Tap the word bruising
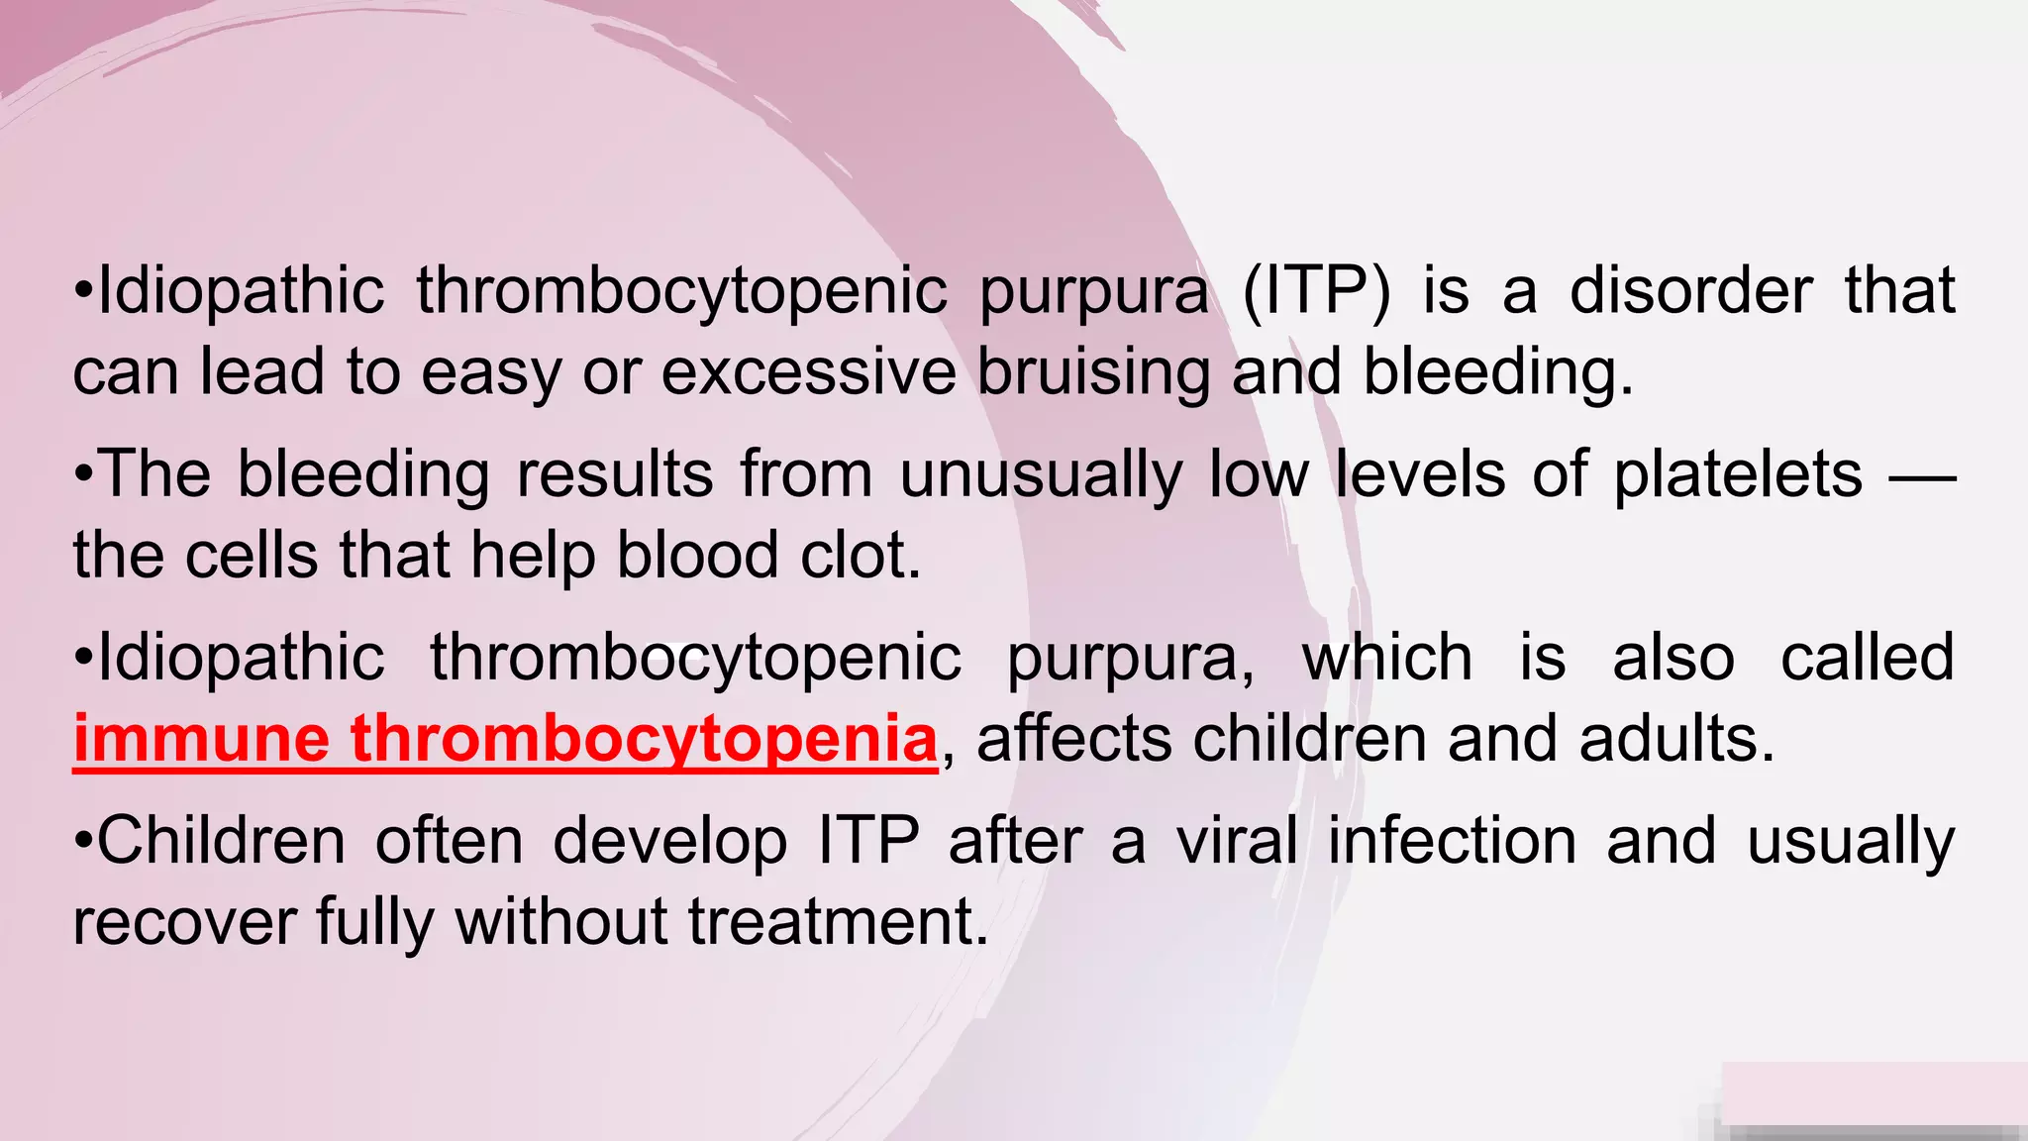(1093, 373)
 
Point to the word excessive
(808, 373)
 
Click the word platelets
(1738, 474)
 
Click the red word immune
(201, 739)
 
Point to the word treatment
(838, 921)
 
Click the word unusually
(1041, 476)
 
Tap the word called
(1867, 658)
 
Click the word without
(561, 921)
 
